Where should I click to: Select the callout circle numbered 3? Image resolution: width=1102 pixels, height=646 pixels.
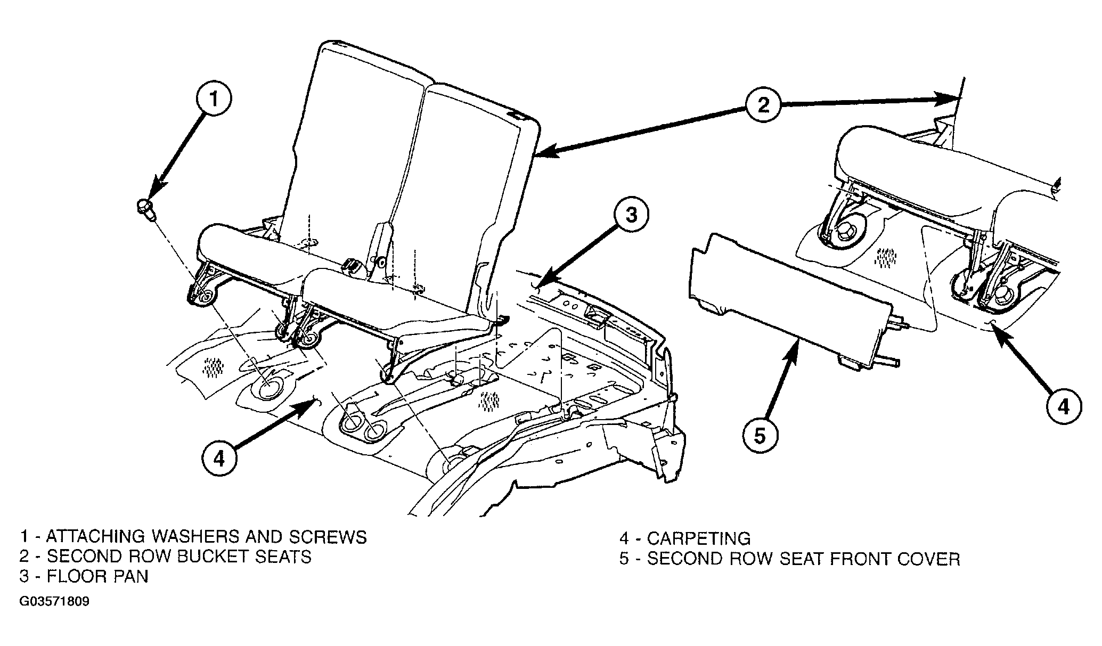click(630, 216)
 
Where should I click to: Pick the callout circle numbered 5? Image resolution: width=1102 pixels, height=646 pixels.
click(760, 436)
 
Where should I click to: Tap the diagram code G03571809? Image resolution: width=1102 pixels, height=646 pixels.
click(54, 602)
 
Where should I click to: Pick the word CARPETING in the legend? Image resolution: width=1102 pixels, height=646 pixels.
click(699, 538)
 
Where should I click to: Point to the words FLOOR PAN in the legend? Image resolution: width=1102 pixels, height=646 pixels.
click(97, 576)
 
